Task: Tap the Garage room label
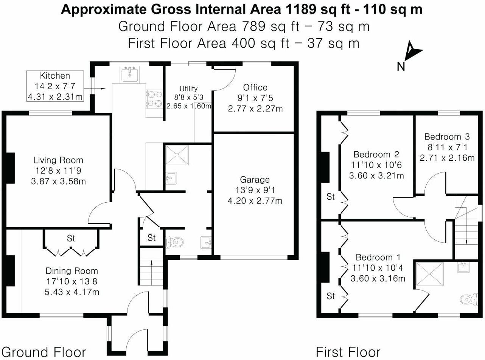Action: point(255,180)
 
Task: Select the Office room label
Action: point(255,87)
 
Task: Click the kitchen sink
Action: point(130,74)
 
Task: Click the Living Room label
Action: point(58,160)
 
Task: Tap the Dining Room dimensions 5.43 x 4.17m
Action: point(72,292)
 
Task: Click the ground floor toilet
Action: point(174,241)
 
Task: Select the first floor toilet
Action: point(468,299)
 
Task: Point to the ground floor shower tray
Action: point(177,155)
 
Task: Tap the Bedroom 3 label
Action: point(447,137)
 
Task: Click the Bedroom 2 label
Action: point(376,154)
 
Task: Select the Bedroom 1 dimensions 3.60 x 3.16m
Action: point(378,279)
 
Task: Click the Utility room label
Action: point(188,88)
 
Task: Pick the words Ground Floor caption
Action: point(44,352)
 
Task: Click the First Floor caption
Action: point(348,352)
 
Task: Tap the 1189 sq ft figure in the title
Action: point(310,9)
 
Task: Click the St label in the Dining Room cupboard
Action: point(71,238)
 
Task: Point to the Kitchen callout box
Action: point(55,86)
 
